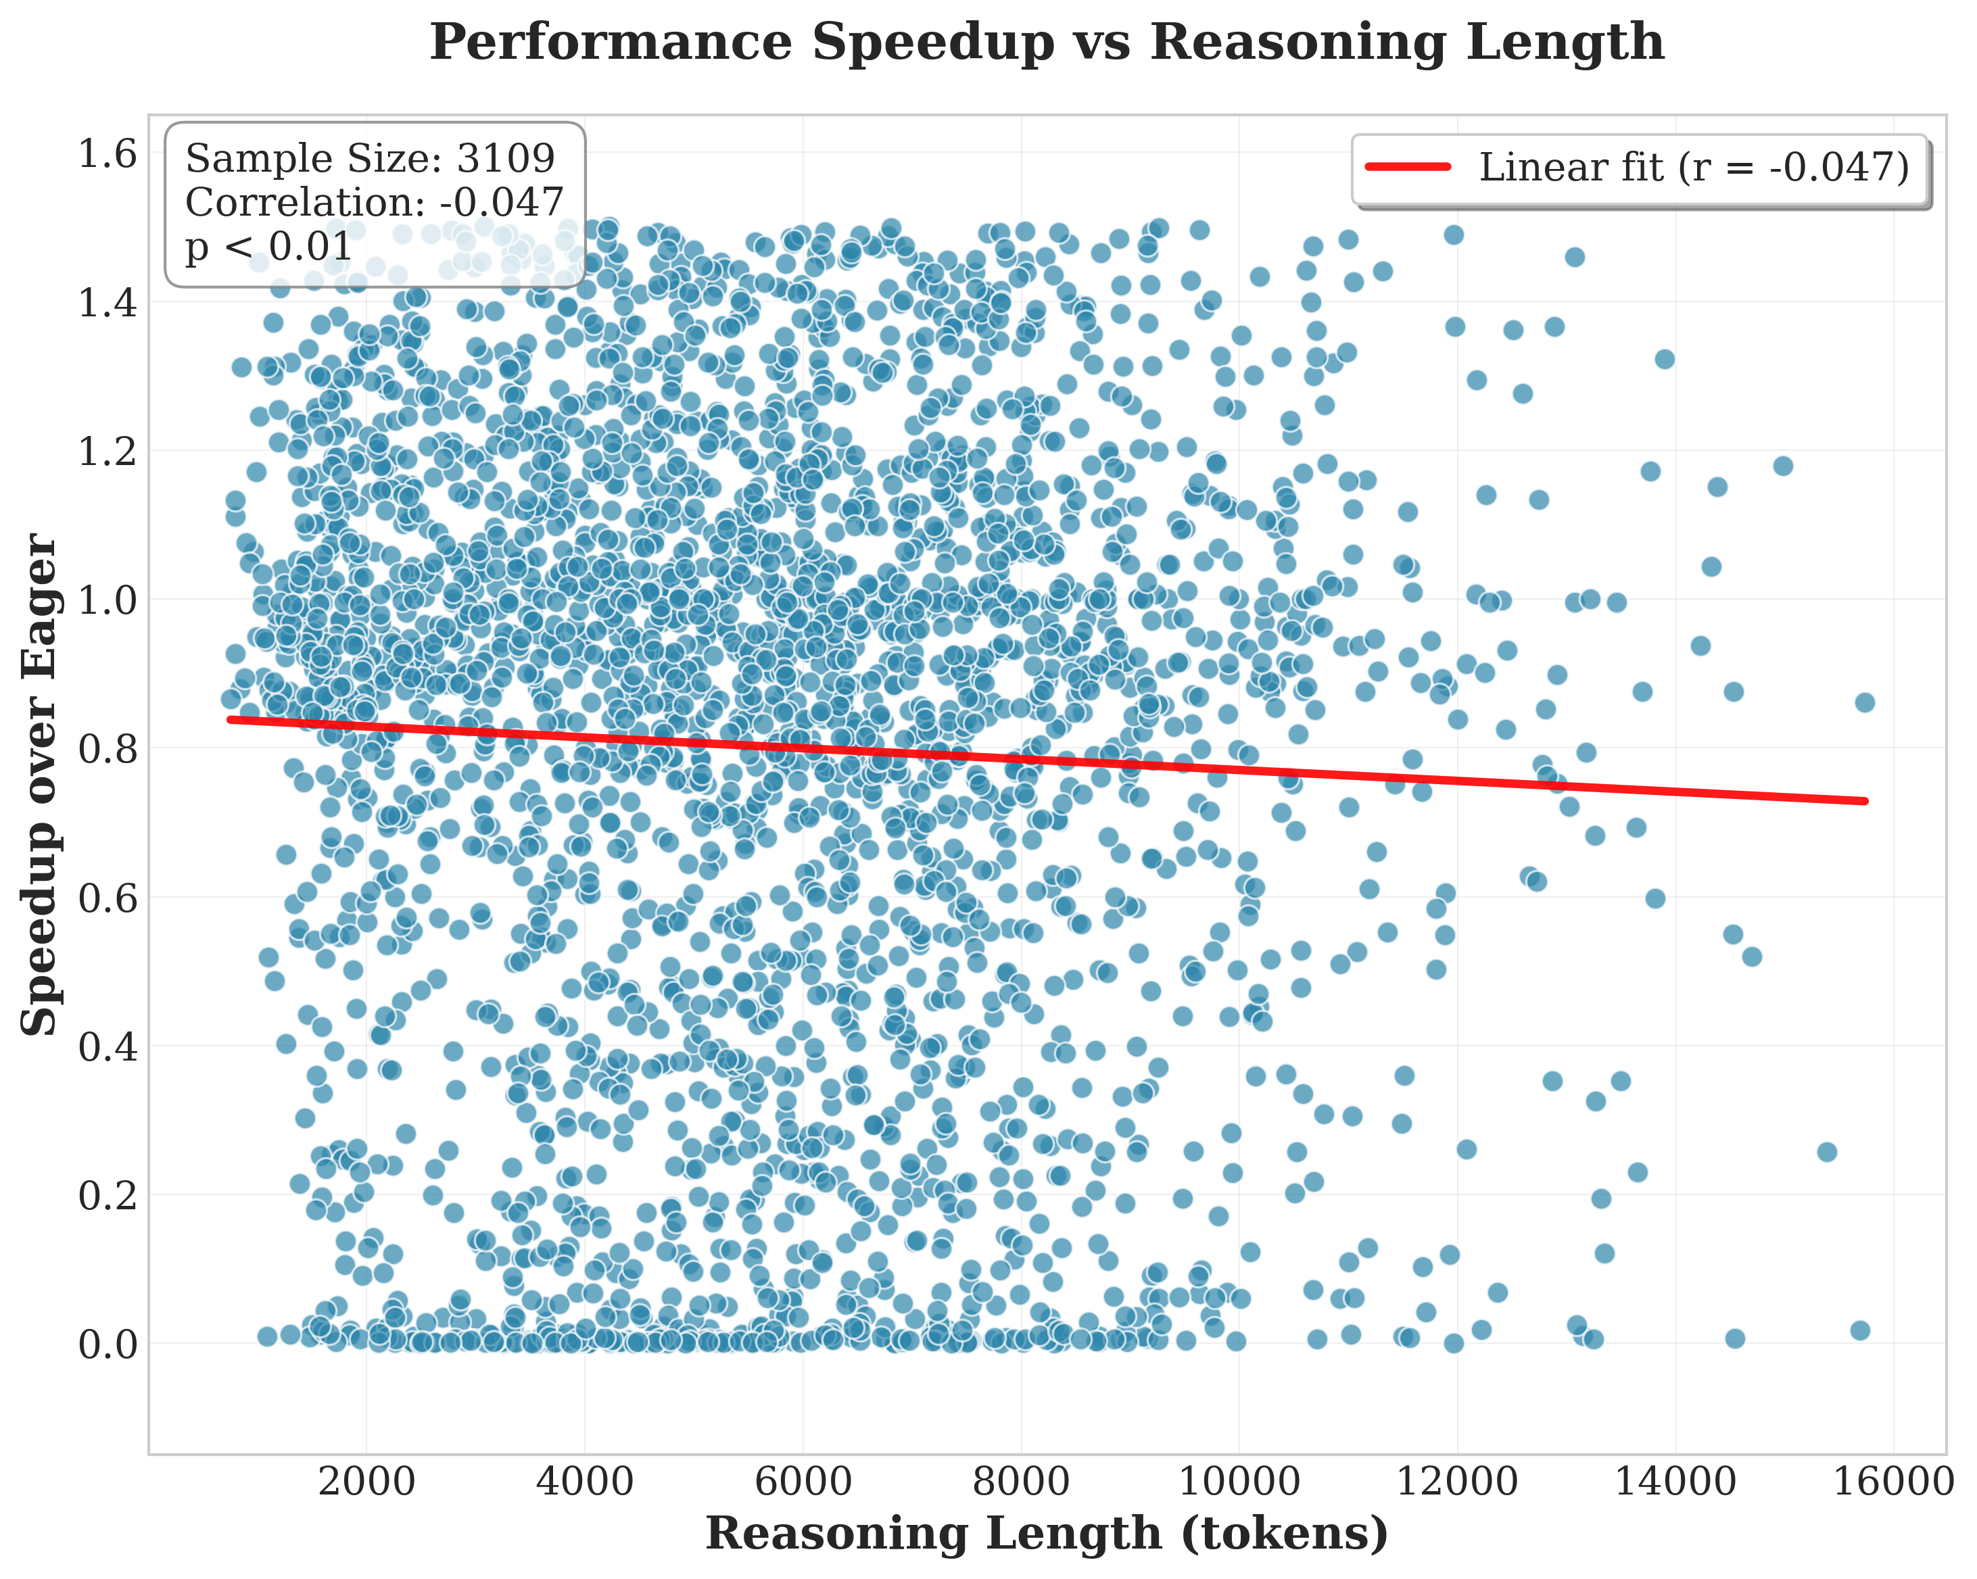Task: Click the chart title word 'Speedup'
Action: [934, 44]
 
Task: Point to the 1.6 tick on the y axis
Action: [108, 154]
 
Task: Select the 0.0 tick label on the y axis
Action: [108, 1345]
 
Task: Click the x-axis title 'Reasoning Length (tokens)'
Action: [1046, 1535]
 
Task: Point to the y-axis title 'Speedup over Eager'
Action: [41, 785]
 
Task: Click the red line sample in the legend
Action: [1408, 167]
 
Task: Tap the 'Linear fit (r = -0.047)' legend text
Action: [1694, 167]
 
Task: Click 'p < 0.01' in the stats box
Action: [268, 247]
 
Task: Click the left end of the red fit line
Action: [230, 720]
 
